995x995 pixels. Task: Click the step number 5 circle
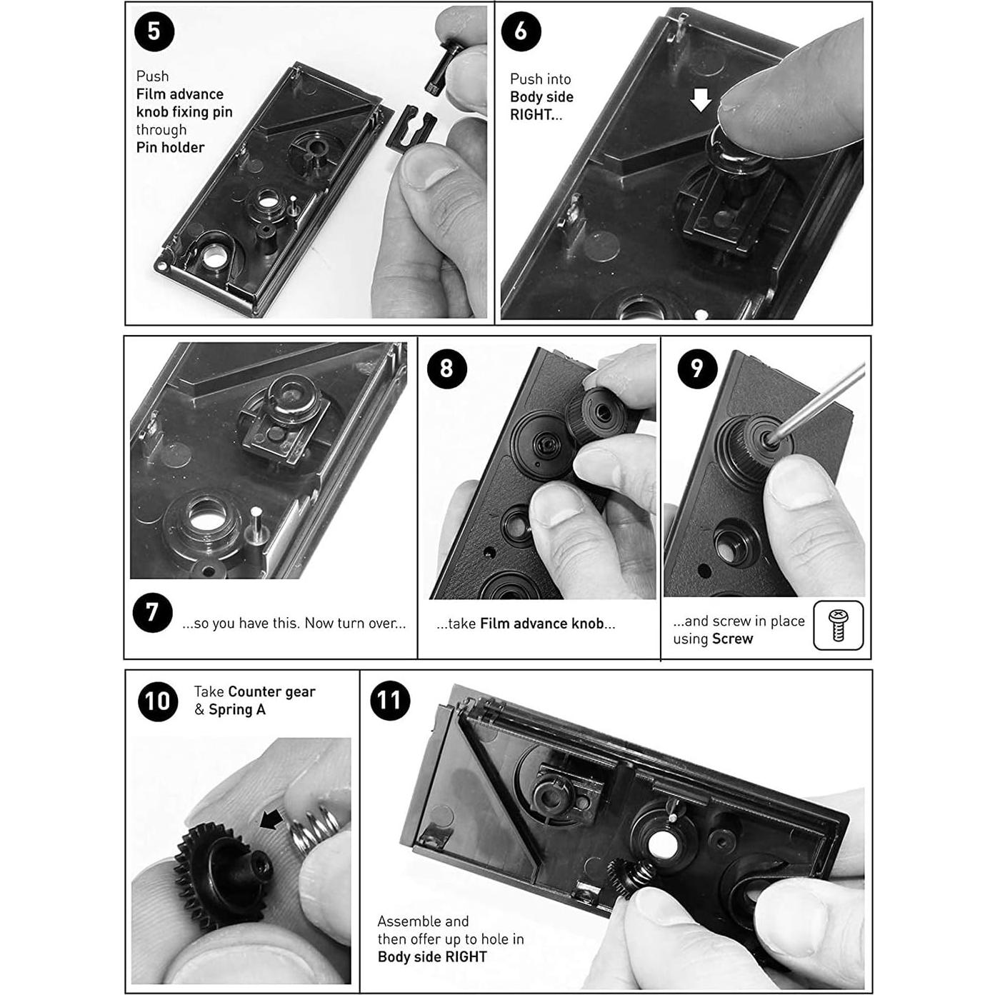[154, 31]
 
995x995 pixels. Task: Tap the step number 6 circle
[521, 31]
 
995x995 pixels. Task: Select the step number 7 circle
[152, 613]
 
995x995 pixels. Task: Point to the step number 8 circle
[446, 369]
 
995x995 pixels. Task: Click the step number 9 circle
[697, 369]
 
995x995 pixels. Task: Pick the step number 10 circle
[157, 701]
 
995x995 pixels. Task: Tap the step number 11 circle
[390, 700]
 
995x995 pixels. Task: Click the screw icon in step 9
[839, 626]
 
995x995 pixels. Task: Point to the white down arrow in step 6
[701, 100]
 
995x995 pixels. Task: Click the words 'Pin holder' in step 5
[170, 148]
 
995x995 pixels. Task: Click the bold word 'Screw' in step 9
[732, 639]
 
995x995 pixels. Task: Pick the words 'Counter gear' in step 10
[271, 691]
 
